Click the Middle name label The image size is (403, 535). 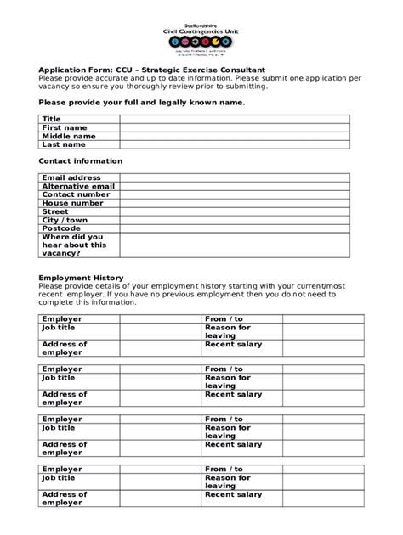click(69, 136)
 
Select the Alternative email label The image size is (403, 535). click(78, 186)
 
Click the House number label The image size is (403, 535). click(72, 203)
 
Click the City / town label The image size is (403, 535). click(65, 220)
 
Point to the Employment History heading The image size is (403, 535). click(82, 278)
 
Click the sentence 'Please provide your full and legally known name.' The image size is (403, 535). click(142, 102)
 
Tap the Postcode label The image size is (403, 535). click(61, 228)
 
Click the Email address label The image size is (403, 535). click(71, 177)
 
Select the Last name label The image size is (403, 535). click(64, 144)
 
